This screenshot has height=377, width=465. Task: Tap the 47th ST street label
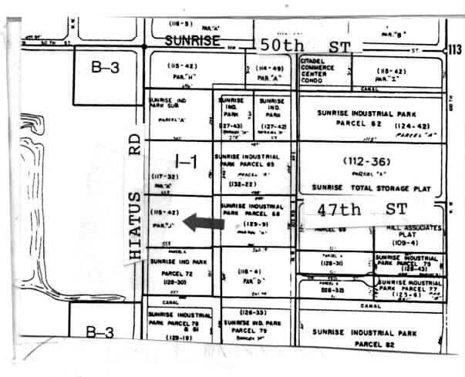click(x=352, y=208)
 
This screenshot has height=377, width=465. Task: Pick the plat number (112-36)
click(x=369, y=162)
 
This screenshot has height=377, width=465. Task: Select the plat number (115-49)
click(x=270, y=68)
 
